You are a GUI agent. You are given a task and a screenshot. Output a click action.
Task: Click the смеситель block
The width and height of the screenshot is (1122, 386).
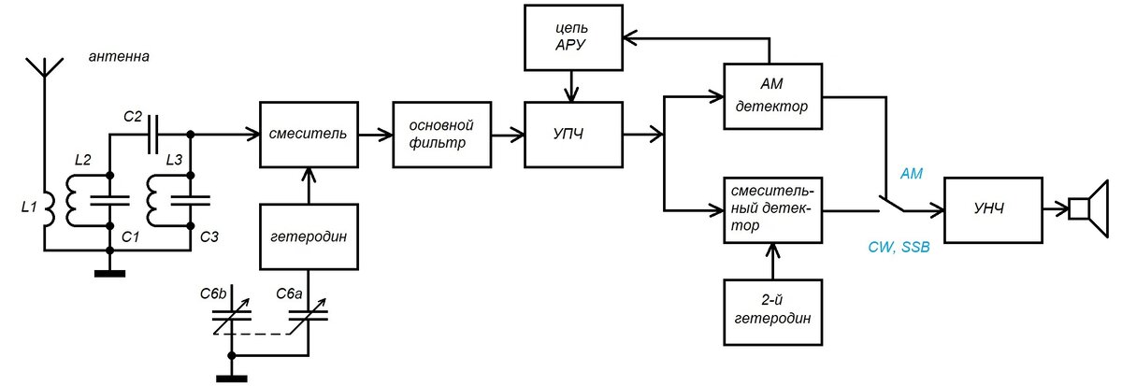[308, 135]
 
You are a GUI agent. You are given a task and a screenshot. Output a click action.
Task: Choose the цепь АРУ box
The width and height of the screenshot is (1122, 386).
[570, 37]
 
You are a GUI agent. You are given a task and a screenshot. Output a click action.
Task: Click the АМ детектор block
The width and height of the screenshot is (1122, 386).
[771, 96]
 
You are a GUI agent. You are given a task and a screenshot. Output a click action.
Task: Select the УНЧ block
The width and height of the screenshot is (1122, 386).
[992, 207]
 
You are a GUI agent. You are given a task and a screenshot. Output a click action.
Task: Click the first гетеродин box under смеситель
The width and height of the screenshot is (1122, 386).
[308, 236]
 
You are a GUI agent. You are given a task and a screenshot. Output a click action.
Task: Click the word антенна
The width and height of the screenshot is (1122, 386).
[119, 57]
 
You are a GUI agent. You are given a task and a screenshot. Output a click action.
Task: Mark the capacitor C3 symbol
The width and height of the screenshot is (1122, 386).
[194, 199]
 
